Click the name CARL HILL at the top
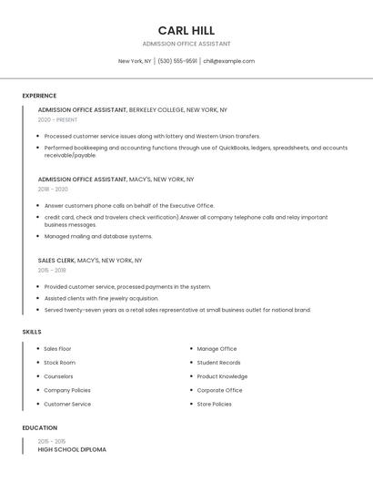tap(186, 30)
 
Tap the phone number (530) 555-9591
tap(177, 61)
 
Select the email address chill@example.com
tap(228, 61)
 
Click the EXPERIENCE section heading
tap(39, 96)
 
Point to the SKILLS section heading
tap(32, 332)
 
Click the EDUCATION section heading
tap(40, 427)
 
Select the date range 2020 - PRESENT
tap(57, 119)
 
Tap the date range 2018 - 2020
tap(53, 189)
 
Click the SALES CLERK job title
tap(56, 260)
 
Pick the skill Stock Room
tap(59, 363)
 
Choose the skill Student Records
tap(218, 363)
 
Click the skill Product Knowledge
tap(222, 376)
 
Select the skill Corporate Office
tap(219, 390)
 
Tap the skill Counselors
tap(58, 376)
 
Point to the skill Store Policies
tap(214, 404)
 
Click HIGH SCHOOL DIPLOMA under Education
tap(72, 449)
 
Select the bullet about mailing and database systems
tap(98, 236)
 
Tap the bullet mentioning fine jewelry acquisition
tap(101, 298)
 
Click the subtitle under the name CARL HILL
tap(186, 44)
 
